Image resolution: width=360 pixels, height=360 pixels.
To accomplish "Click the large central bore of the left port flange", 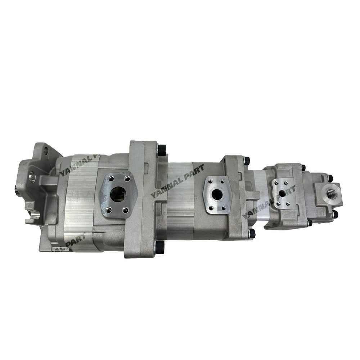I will pos(118,194).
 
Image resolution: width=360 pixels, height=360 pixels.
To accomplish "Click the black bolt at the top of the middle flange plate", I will pos(247,161).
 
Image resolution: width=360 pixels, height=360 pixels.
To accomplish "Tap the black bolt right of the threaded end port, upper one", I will pos(330,178).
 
